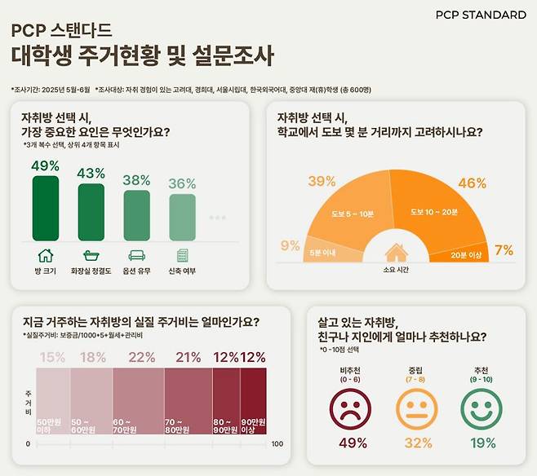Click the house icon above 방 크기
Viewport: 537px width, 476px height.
[x=46, y=255]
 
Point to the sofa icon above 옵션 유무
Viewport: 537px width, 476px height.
[x=137, y=255]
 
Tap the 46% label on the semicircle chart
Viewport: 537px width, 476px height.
[x=472, y=183]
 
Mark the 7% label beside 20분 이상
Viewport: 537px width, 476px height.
[x=504, y=250]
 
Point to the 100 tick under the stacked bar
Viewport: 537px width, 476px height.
[x=277, y=444]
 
